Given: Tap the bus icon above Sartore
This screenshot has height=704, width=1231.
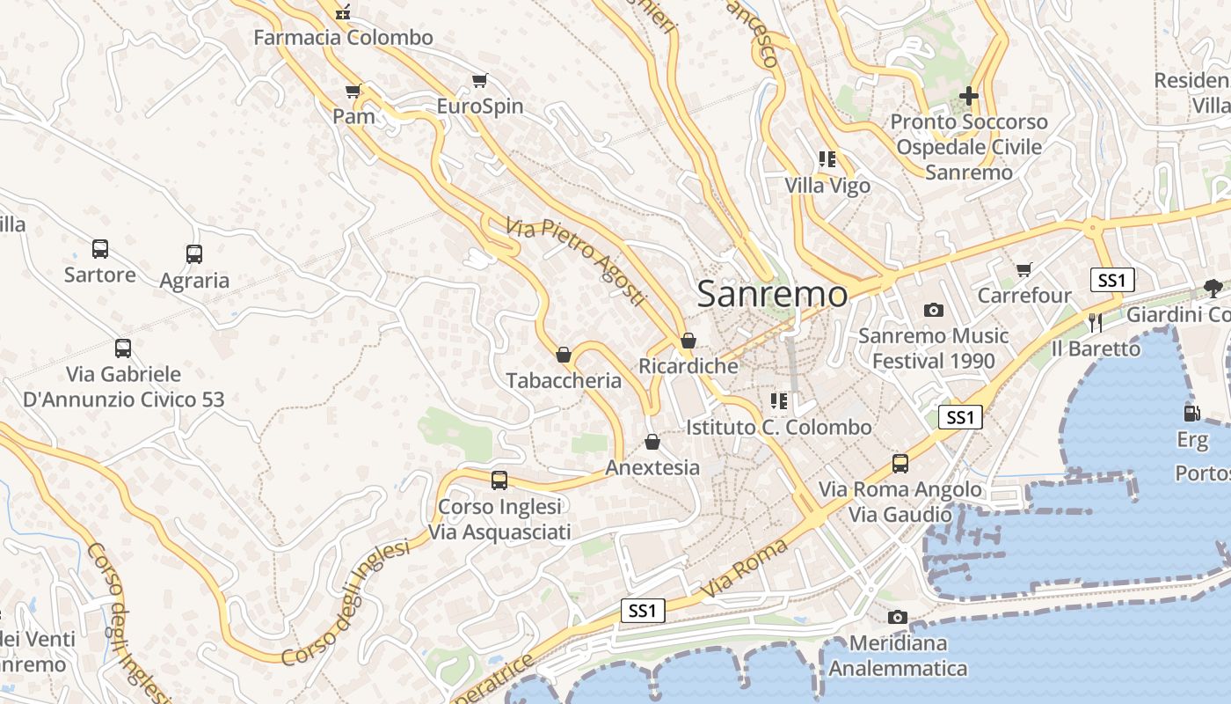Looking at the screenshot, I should click(x=100, y=249).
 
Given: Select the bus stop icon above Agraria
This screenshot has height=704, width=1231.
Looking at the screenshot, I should click(x=194, y=254).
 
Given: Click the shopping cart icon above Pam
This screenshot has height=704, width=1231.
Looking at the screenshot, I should click(x=353, y=91).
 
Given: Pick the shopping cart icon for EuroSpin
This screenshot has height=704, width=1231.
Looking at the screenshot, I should click(x=479, y=81).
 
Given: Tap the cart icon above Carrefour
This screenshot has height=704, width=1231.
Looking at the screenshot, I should click(x=1023, y=269).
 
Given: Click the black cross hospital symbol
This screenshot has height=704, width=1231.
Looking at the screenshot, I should click(x=968, y=95).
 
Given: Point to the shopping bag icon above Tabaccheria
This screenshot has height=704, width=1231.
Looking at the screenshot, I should click(x=564, y=355).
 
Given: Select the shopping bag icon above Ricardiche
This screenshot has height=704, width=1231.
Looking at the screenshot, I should click(x=688, y=340).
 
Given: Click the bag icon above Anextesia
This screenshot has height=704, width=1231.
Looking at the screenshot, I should click(x=652, y=441).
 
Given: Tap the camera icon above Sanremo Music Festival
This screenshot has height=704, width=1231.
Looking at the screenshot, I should click(x=933, y=310).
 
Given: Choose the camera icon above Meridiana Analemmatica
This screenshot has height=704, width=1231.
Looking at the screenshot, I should click(x=897, y=617).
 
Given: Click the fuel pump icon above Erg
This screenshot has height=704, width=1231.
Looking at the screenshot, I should click(x=1191, y=412).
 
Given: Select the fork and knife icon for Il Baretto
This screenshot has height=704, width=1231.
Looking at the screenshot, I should click(x=1095, y=322).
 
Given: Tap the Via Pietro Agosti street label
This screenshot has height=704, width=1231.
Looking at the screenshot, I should click(x=576, y=261).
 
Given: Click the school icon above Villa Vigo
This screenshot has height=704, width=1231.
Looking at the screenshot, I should click(x=827, y=159).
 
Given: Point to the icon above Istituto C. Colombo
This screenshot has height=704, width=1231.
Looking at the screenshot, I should click(x=778, y=401).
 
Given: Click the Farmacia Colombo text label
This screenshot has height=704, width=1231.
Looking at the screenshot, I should click(x=343, y=38).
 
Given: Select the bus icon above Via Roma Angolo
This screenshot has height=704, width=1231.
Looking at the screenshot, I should click(x=900, y=463).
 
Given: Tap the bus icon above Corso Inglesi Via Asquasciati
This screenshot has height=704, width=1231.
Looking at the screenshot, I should click(x=499, y=480).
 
